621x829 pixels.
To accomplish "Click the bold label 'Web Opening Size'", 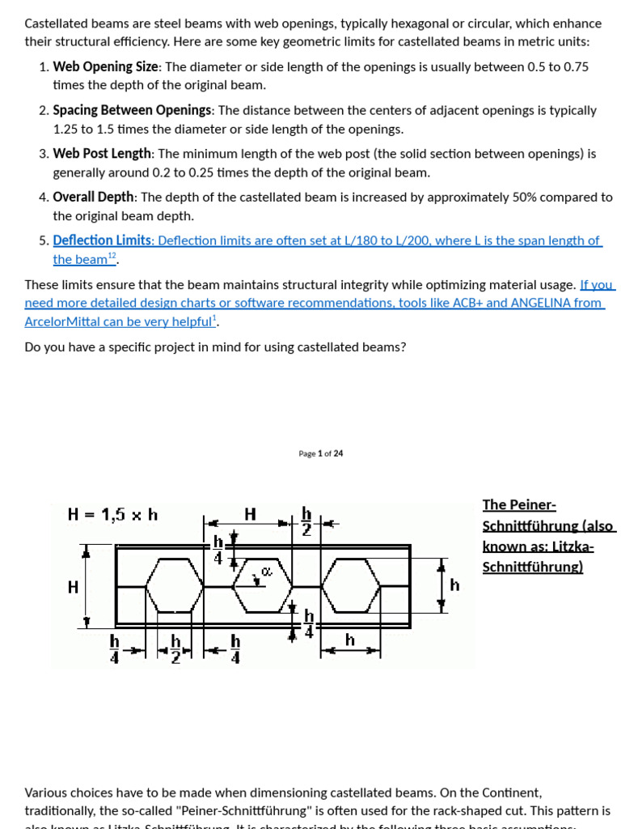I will [x=105, y=67].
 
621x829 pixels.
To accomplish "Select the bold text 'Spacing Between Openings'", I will [x=132, y=111].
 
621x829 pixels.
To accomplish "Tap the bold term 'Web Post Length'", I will [x=102, y=154].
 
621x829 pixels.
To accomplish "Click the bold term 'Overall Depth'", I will [x=95, y=198].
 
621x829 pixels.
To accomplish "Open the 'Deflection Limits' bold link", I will [x=102, y=240].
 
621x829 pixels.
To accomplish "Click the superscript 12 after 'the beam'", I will [x=112, y=257].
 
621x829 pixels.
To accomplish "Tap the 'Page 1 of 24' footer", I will [x=320, y=454].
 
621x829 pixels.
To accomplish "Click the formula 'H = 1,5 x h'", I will [x=113, y=514].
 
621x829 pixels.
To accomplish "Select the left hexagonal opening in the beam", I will [x=173, y=585].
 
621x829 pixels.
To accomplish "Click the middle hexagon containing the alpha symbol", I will [x=263, y=584].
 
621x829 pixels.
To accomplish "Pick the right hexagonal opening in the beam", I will [x=351, y=585].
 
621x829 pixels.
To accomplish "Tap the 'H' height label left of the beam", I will [x=74, y=586].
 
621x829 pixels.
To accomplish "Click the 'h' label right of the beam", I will [x=454, y=585].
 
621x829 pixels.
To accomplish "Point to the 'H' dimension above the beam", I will [x=250, y=514].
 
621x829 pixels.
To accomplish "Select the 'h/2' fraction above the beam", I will [x=306, y=521].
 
